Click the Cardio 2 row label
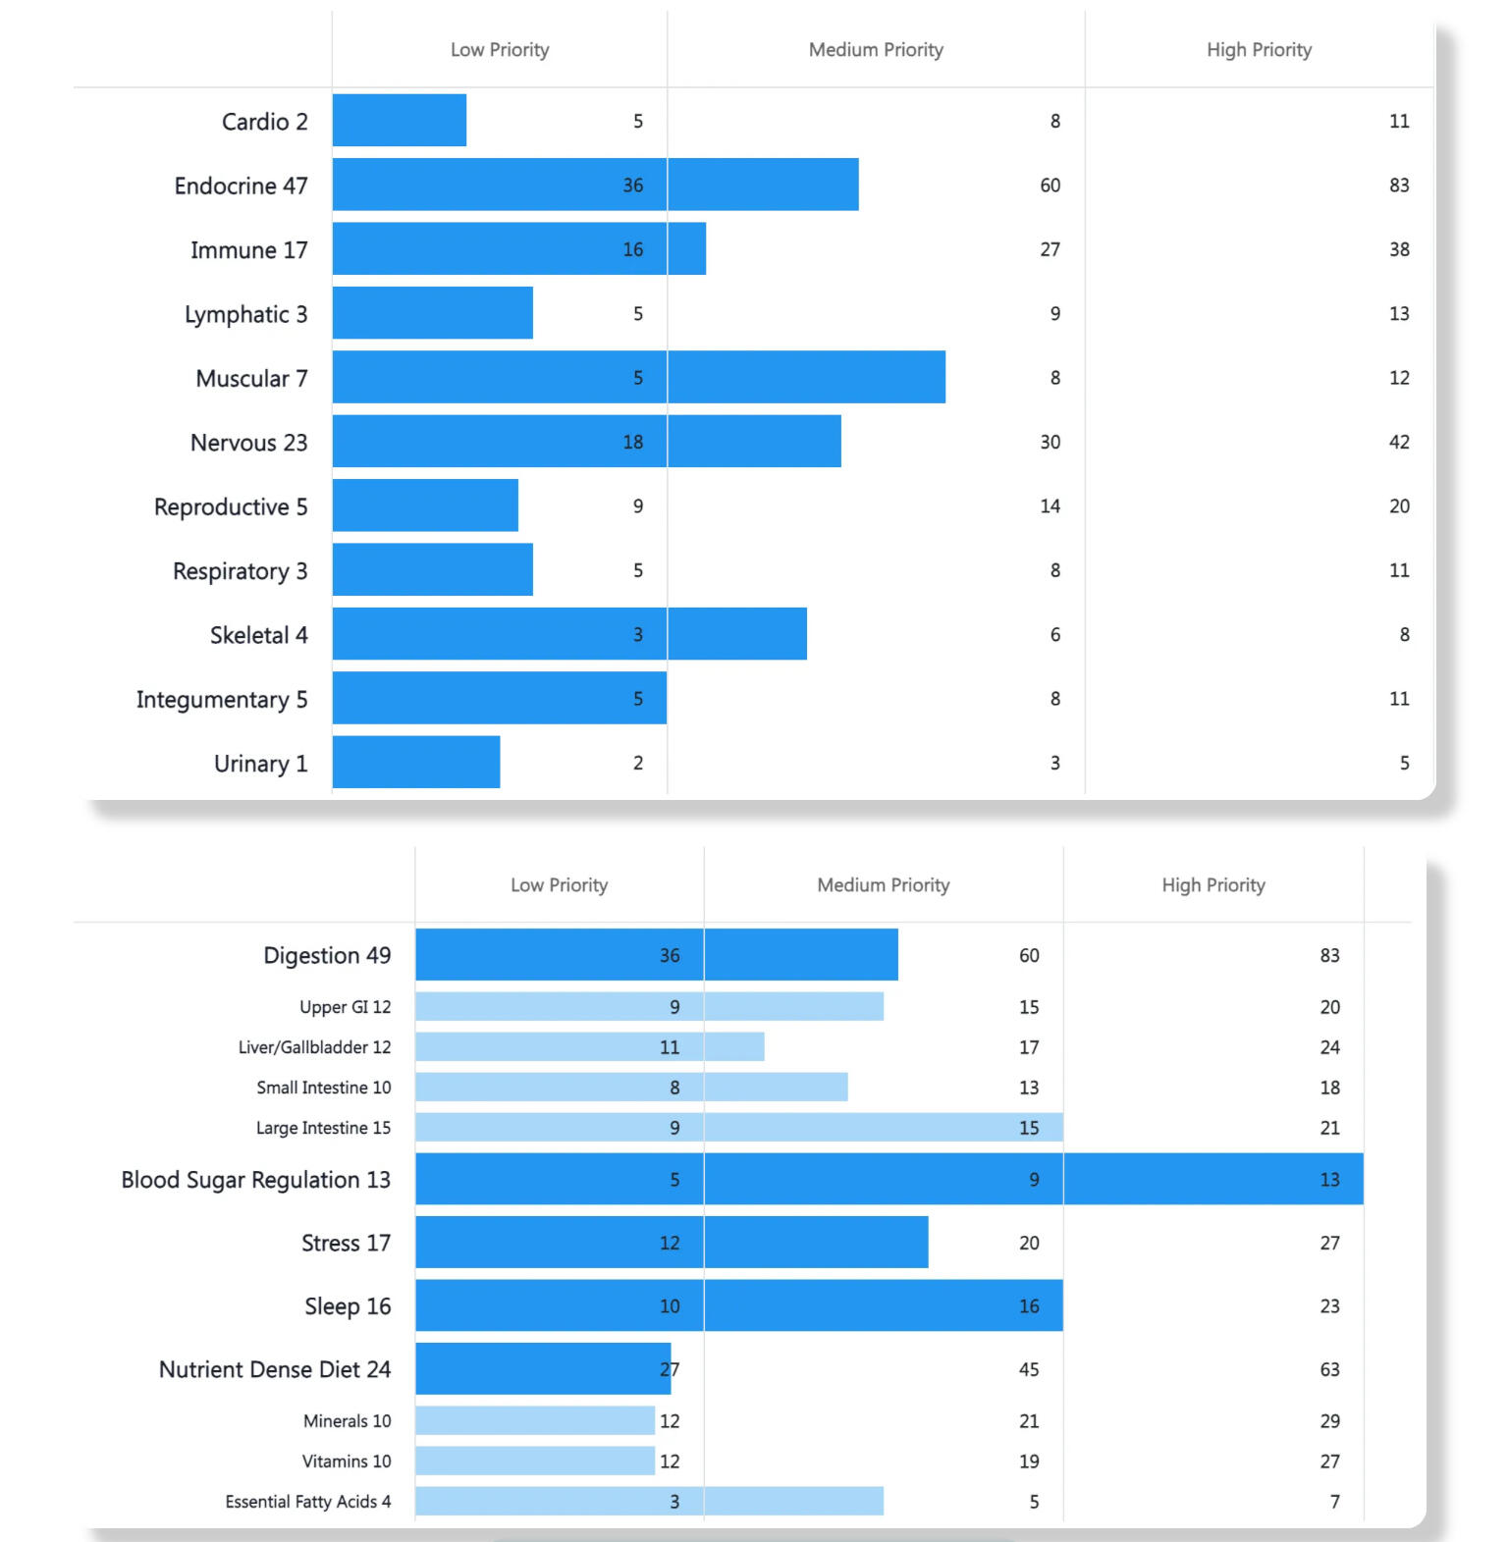click(x=264, y=122)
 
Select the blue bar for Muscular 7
click(x=638, y=377)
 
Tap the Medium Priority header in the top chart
click(x=876, y=50)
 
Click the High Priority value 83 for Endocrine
click(x=1399, y=186)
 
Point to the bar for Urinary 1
click(x=416, y=763)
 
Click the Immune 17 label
click(x=248, y=250)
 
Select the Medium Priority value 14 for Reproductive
click(x=1050, y=506)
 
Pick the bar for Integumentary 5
click(x=499, y=699)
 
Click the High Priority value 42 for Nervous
click(x=1399, y=443)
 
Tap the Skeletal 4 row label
click(x=258, y=636)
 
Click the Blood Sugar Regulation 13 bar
click(x=889, y=1179)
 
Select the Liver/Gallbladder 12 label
click(x=314, y=1047)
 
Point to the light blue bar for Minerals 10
click(x=534, y=1420)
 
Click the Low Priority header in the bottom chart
click(x=559, y=885)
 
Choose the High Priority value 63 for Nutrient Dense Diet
click(x=1329, y=1369)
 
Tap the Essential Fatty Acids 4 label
click(x=307, y=1502)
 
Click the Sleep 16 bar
click(x=738, y=1305)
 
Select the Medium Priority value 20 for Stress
click(x=1028, y=1243)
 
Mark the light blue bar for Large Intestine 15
click(x=738, y=1128)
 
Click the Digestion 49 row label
click(x=327, y=956)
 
